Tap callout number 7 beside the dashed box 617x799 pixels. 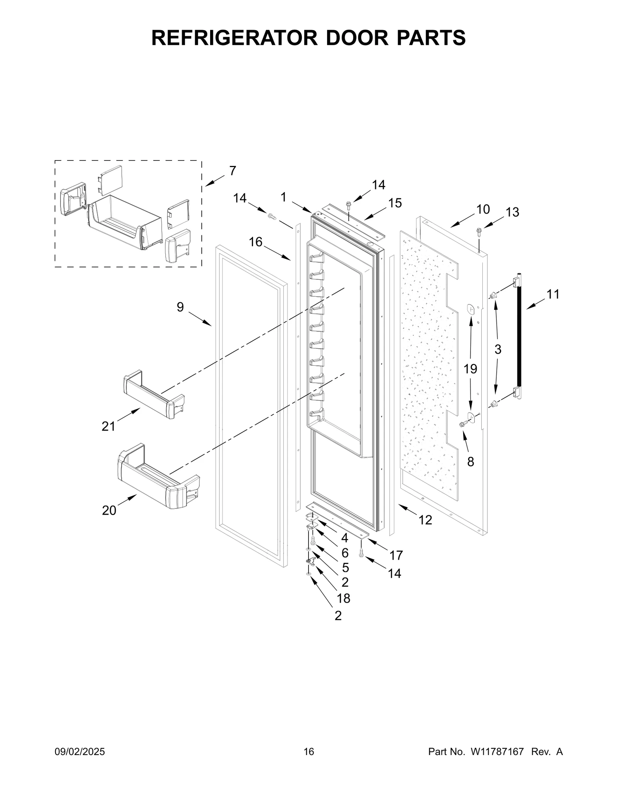point(233,171)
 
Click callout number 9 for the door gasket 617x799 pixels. point(180,307)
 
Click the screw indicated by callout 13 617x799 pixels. point(479,231)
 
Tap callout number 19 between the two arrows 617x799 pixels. point(470,369)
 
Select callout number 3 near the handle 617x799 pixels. point(498,350)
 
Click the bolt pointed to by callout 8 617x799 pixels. point(463,424)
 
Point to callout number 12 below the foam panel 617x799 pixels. point(425,520)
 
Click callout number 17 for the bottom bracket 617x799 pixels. point(396,555)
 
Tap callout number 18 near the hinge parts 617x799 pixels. point(343,598)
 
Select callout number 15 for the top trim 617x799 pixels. point(395,203)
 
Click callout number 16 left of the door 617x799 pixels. point(255,242)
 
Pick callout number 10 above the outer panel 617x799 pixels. point(483,209)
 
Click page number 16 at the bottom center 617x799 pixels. point(309,752)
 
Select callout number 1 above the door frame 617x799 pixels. point(283,197)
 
